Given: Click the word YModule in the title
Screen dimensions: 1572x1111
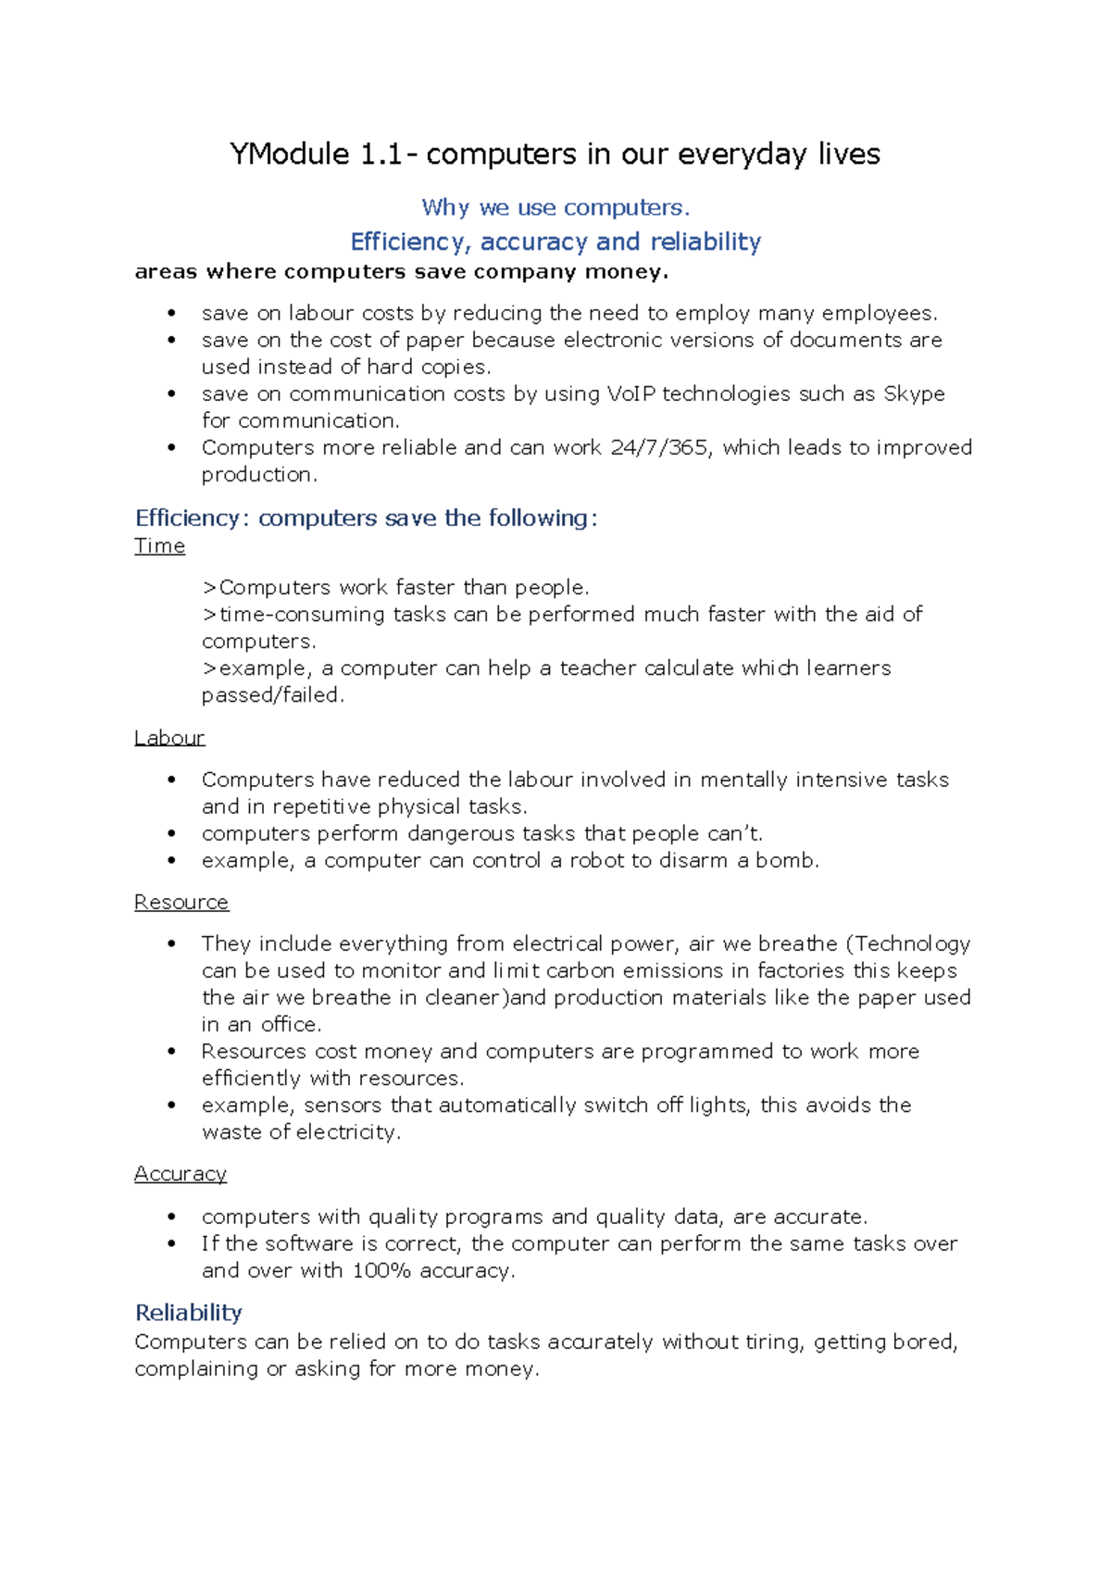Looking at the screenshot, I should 289,154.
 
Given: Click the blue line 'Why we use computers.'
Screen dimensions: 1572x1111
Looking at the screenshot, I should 555,207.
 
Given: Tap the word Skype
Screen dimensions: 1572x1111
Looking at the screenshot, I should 914,393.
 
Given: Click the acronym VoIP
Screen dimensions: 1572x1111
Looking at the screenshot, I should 630,393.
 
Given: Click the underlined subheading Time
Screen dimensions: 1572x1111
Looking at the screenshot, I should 159,546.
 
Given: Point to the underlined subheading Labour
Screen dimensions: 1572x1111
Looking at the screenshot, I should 169,738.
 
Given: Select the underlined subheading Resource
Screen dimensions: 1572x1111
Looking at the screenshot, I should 181,902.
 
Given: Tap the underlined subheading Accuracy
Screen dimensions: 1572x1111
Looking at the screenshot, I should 181,1174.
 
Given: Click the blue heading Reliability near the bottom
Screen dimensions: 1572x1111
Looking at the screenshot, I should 189,1313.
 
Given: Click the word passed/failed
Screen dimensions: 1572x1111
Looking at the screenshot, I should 272,695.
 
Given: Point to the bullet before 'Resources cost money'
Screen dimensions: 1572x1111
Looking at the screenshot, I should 171,1052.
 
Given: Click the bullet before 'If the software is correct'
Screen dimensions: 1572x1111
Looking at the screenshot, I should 171,1243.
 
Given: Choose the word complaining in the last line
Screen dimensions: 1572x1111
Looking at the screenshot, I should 196,1368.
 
